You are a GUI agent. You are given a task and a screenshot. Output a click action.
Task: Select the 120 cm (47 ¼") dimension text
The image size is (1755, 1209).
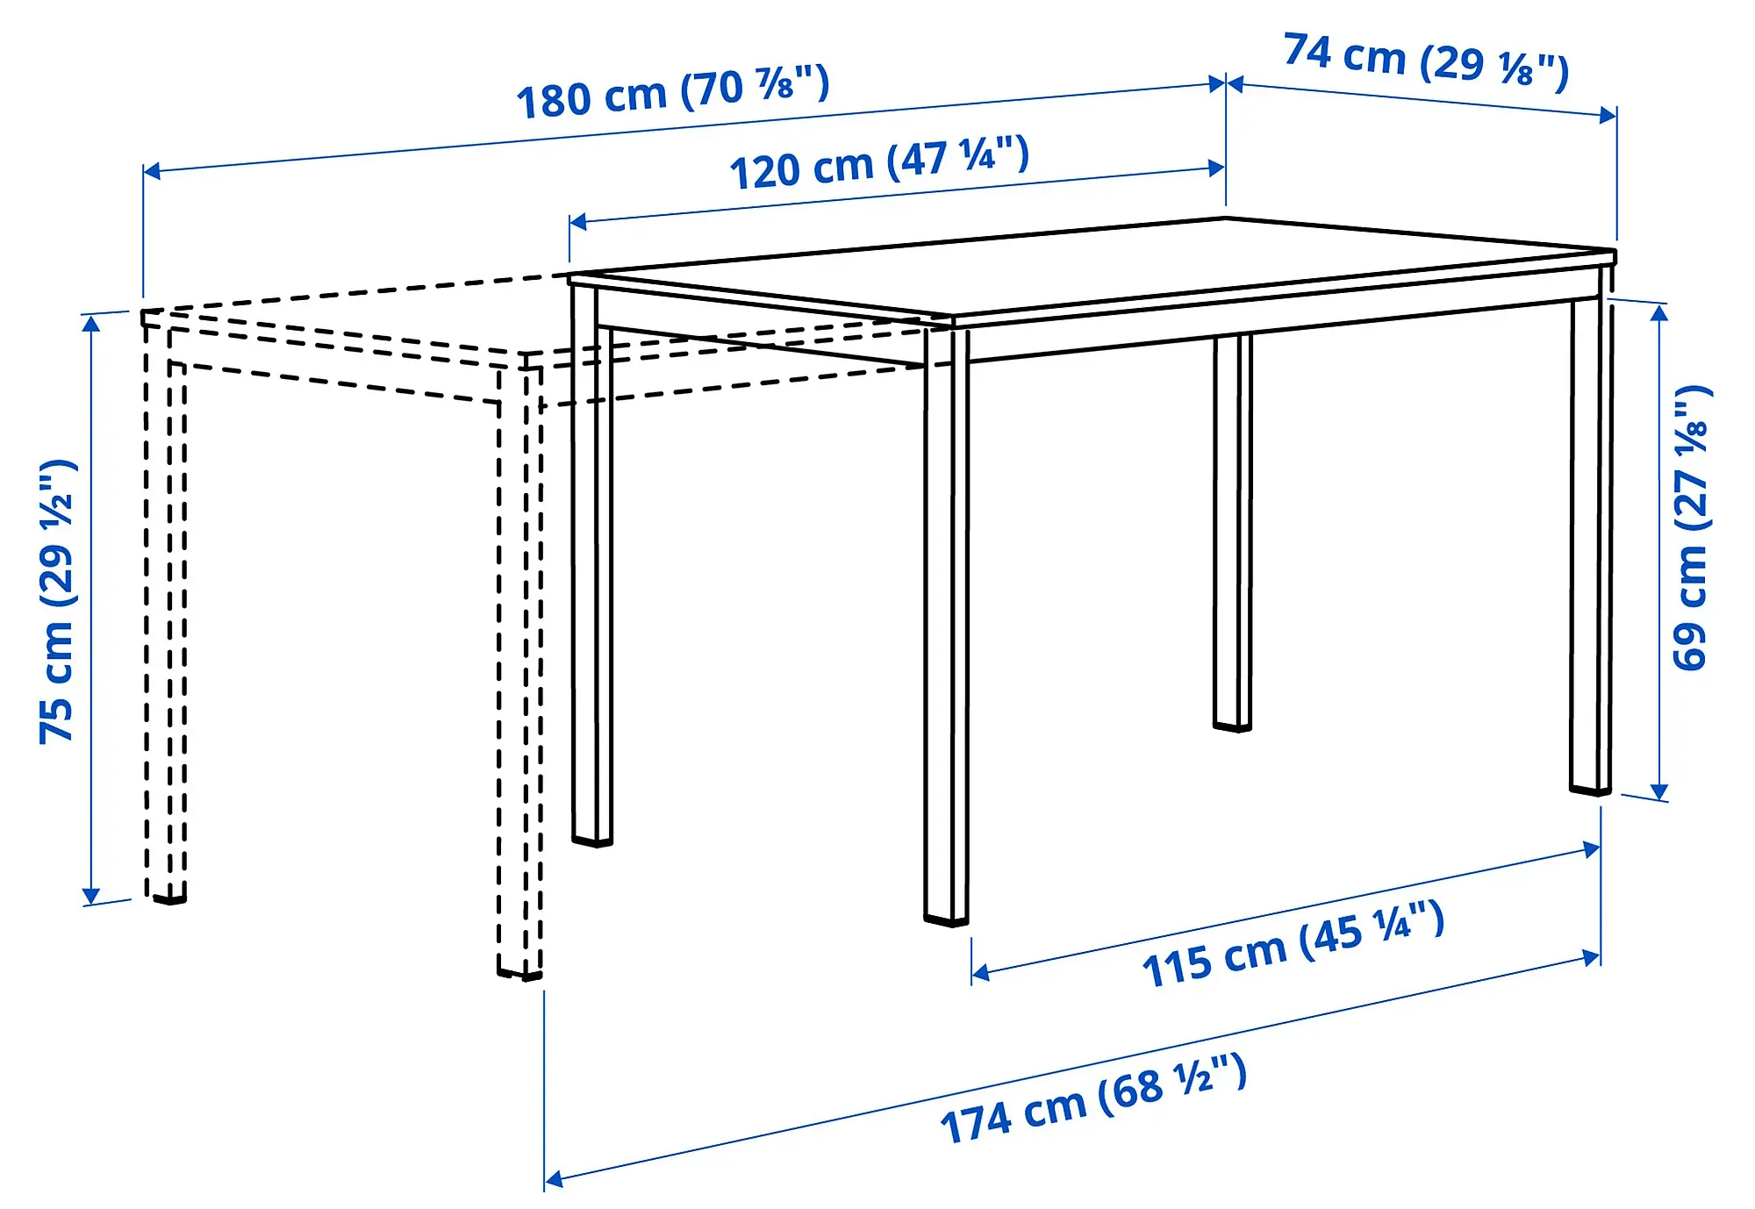point(879,163)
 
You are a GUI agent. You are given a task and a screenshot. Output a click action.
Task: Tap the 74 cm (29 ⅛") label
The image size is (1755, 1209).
point(1426,60)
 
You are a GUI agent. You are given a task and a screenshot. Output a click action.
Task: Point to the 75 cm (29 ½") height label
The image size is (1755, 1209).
point(58,602)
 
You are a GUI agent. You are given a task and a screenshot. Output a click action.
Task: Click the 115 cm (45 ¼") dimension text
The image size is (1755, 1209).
point(1293,944)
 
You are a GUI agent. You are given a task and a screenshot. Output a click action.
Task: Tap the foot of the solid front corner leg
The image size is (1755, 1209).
point(946,919)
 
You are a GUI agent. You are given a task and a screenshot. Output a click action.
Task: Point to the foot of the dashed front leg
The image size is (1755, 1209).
point(520,973)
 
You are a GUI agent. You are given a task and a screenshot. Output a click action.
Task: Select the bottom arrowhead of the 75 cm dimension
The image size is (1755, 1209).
point(90,896)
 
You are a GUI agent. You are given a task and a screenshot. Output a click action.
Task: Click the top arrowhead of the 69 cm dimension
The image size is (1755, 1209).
point(1658,311)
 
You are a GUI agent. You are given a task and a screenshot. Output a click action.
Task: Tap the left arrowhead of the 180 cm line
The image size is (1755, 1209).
point(151,170)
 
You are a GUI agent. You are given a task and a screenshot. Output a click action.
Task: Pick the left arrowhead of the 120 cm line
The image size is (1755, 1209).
point(577,220)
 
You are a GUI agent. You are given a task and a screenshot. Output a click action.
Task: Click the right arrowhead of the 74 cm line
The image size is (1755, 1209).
point(1608,115)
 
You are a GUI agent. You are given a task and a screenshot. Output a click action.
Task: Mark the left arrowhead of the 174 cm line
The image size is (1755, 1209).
point(553,1179)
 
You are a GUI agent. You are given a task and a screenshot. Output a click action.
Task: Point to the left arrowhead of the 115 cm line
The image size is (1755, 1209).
point(980,972)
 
